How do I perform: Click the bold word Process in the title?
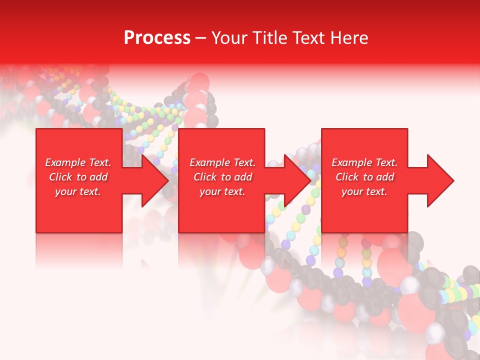[157, 38]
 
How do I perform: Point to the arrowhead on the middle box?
[297, 180]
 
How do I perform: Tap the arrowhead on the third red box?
[439, 180]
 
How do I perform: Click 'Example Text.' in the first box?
[78, 162]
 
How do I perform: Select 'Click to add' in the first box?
[78, 177]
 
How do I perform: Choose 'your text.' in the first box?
[78, 191]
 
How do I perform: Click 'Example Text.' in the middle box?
[222, 162]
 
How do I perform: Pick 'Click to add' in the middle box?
[222, 177]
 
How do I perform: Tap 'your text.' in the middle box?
[222, 191]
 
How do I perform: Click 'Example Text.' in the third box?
[364, 162]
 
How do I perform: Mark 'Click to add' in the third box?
[364, 177]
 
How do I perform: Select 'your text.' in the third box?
[364, 191]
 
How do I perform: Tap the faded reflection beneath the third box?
[364, 247]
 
